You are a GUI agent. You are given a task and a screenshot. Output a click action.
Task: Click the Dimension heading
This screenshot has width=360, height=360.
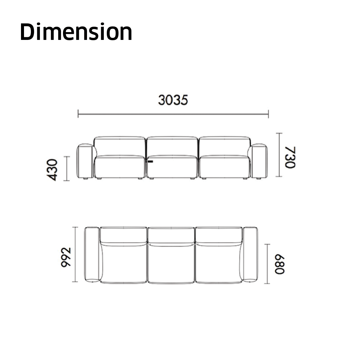coord(76,31)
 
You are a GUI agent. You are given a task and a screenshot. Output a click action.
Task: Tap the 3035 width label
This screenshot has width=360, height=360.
coord(173,100)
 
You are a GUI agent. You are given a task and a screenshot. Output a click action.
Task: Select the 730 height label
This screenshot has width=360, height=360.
coord(290,157)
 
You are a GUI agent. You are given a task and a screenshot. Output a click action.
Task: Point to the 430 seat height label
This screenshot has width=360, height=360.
coord(52,170)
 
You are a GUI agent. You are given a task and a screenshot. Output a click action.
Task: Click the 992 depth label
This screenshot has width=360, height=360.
coord(66,257)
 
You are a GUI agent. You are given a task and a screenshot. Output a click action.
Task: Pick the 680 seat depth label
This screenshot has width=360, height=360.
coord(280,264)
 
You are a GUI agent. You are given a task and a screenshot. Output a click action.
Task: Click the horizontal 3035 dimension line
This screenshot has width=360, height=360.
coord(173,114)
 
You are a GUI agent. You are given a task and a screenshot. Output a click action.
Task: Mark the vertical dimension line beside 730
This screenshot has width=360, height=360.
coord(279,155)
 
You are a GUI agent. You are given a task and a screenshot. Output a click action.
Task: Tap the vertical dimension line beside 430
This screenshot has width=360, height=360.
coord(67,169)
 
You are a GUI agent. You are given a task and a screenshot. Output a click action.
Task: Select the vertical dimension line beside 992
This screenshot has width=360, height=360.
coord(75,254)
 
